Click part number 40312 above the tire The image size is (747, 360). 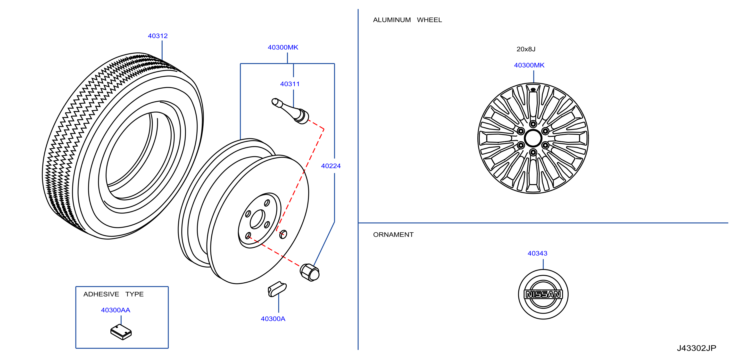coord(158,36)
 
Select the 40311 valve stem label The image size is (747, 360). coord(290,84)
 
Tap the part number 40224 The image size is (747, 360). coord(331,166)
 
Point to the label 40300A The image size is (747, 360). coord(273,319)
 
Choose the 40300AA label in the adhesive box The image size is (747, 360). coord(116,310)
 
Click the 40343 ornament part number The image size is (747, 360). coord(537,253)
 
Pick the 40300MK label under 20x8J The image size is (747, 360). coord(529,65)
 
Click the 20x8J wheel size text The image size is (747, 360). coord(526,49)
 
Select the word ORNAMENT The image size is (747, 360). coord(393,235)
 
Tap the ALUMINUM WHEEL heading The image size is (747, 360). coord(407,20)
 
